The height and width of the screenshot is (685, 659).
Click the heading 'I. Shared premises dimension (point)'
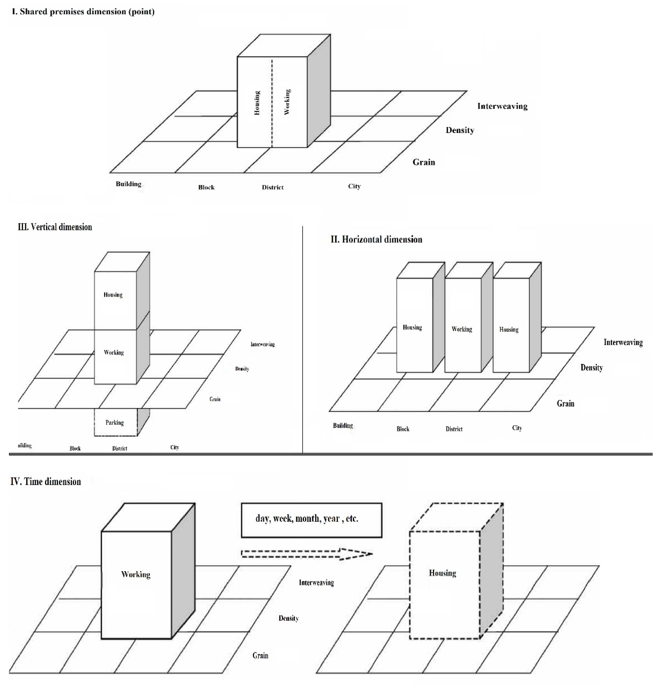click(83, 12)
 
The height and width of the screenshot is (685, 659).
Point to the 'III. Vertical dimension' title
click(55, 227)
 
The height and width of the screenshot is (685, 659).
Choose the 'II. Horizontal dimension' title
click(376, 239)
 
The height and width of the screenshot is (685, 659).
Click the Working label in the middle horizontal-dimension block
click(462, 329)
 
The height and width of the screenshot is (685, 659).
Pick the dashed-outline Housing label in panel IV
click(442, 573)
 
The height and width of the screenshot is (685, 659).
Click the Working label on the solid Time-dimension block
click(136, 575)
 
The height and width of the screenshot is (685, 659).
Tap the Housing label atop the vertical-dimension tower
click(113, 295)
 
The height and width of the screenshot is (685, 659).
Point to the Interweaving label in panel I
click(502, 106)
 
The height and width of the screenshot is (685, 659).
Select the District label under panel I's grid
click(273, 187)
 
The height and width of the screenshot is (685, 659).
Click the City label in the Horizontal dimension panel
click(517, 428)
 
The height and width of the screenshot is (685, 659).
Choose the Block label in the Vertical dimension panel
click(75, 448)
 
